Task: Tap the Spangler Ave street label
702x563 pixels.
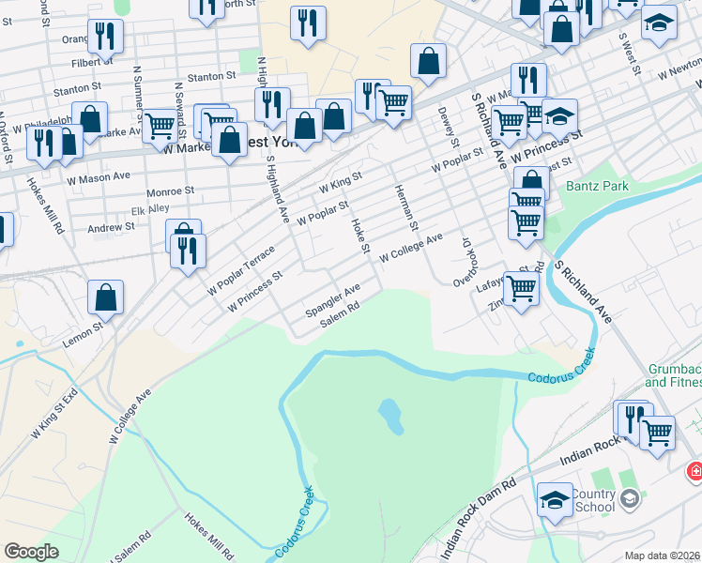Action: (332, 299)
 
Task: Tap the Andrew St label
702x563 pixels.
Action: (111, 227)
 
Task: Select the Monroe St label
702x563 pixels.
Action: (170, 190)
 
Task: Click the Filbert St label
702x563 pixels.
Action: (90, 64)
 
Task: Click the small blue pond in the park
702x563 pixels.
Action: (391, 416)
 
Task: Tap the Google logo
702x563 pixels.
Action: (31, 552)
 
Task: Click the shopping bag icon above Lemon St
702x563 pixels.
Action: (106, 297)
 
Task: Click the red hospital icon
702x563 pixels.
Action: (695, 470)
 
